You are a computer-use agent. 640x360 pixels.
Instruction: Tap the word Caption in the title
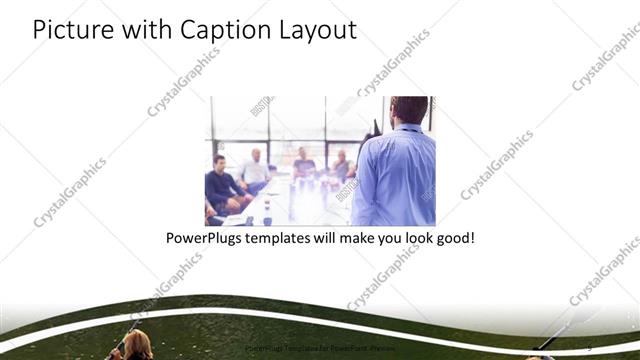tap(218, 30)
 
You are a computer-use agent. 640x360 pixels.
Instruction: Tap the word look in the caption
tap(409, 240)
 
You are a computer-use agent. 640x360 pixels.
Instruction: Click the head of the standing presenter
tap(408, 110)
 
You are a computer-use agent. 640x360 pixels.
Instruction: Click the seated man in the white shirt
tap(255, 170)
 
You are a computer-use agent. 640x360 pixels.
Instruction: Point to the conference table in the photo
tap(290, 200)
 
